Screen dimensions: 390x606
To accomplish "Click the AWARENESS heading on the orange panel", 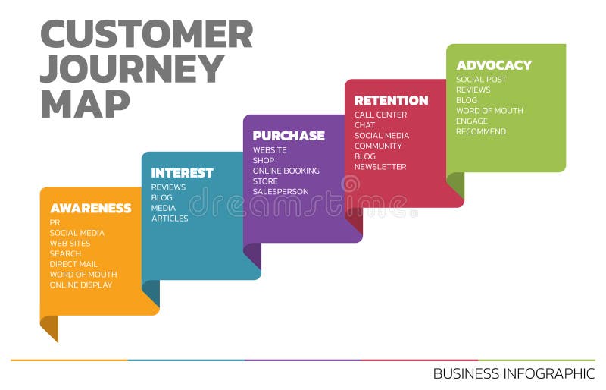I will click(90, 208).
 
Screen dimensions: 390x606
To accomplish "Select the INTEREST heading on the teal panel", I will click(182, 172).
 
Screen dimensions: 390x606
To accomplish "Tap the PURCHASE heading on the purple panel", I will click(289, 136).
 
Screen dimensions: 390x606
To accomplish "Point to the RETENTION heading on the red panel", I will click(391, 100).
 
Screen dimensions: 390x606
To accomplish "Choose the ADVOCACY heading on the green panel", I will click(494, 65).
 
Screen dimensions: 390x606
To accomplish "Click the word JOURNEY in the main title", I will click(132, 69).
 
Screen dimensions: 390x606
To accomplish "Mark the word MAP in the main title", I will click(85, 104).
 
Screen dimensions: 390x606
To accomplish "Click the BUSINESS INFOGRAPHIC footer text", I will click(514, 373).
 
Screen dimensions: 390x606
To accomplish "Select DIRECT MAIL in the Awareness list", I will click(73, 264).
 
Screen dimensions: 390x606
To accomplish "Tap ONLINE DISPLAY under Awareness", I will click(80, 285).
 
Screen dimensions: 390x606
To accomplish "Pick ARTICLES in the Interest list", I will click(170, 219).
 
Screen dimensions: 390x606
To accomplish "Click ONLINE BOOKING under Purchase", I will click(286, 171).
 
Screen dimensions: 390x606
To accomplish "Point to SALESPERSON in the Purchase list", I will click(280, 192).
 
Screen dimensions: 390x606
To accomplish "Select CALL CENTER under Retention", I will click(380, 115).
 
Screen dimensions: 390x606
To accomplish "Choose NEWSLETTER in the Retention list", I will click(380, 167).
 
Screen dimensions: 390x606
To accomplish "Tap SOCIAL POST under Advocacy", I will click(481, 80).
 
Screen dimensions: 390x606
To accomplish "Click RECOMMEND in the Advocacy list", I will click(480, 132).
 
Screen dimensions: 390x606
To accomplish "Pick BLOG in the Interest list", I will click(161, 198).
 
